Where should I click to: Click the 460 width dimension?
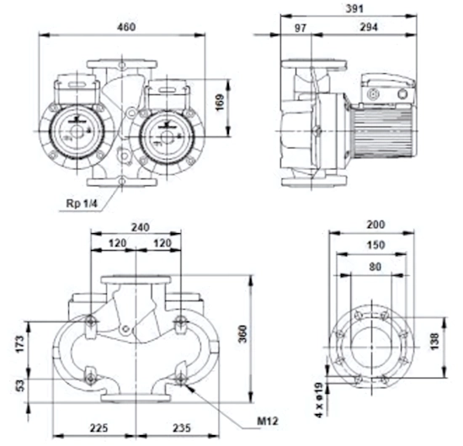(126, 27)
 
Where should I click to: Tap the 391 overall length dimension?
(354, 8)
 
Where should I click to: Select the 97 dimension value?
(301, 29)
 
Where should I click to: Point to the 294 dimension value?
(369, 27)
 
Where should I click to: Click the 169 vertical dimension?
(220, 102)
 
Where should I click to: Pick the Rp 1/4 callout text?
(82, 204)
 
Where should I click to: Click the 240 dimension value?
(141, 227)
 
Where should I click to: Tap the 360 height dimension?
(242, 334)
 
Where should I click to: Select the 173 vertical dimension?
(20, 343)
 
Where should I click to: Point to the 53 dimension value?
(20, 385)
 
